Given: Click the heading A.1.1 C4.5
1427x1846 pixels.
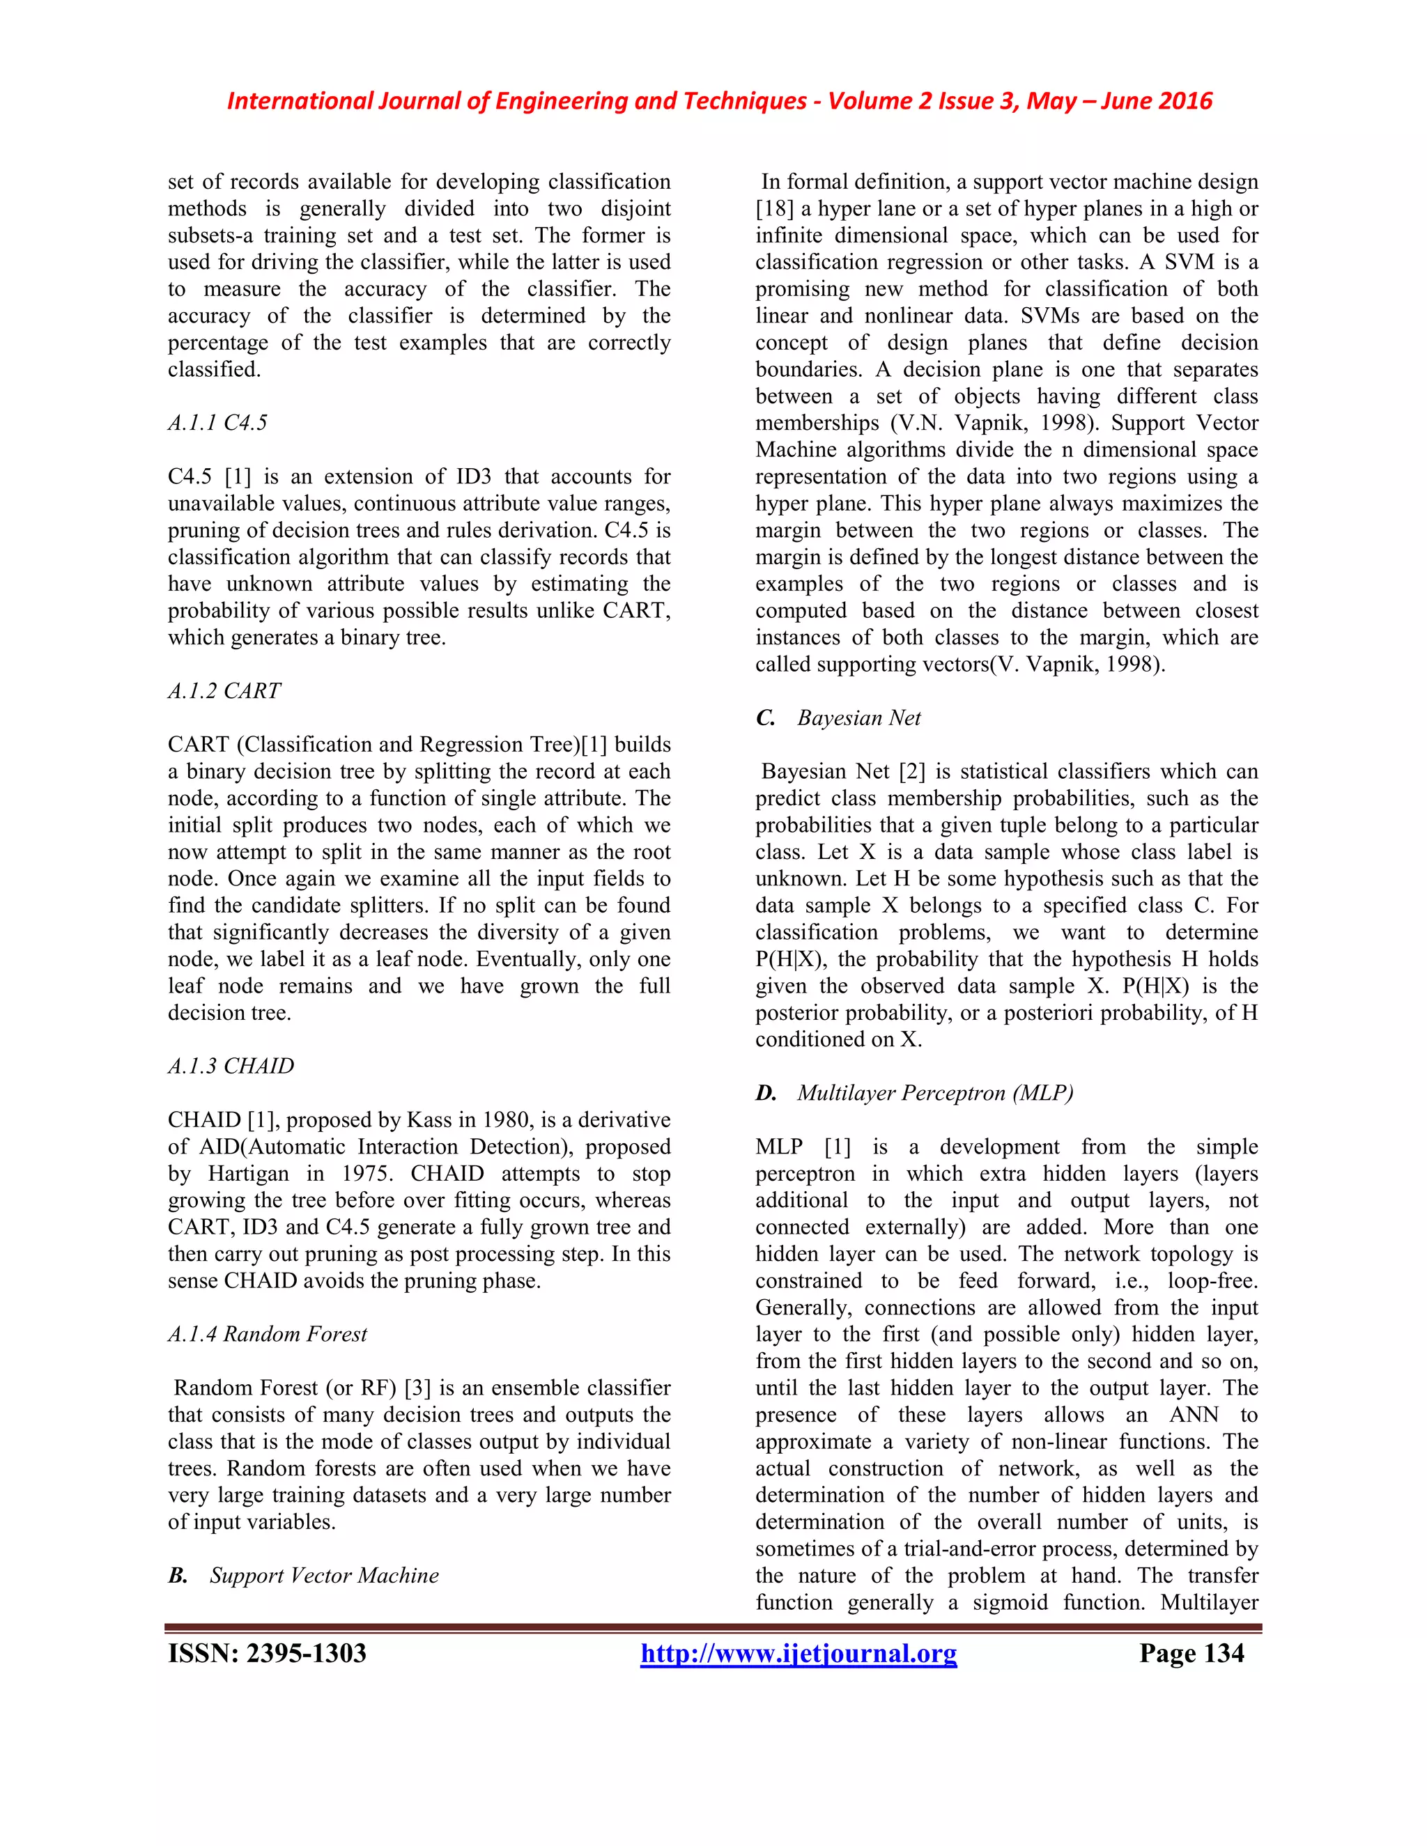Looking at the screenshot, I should (217, 423).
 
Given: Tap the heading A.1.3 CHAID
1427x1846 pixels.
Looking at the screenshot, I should (231, 1066).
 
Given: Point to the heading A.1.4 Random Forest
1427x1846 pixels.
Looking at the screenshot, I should (267, 1334).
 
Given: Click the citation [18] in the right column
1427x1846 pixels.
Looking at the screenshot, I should (774, 209).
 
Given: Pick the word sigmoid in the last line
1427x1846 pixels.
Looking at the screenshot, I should (1010, 1603).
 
